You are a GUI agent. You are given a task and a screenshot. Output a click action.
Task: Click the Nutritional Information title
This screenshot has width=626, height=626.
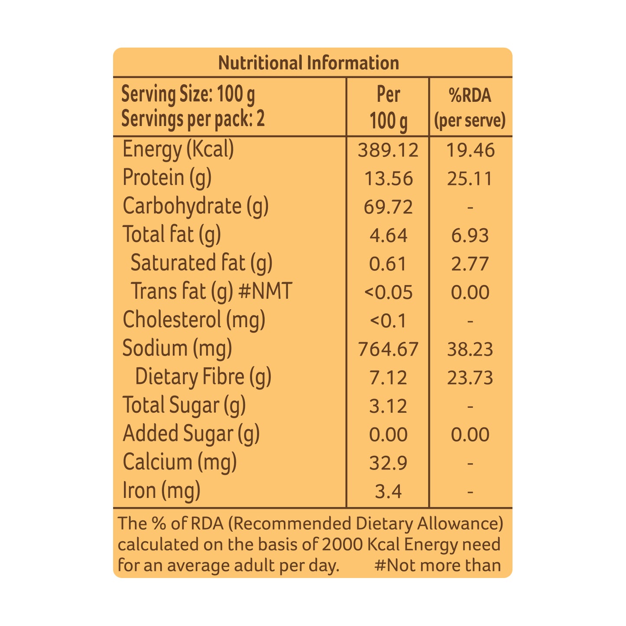pos(308,63)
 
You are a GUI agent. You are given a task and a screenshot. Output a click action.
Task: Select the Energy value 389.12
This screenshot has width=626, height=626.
pos(388,150)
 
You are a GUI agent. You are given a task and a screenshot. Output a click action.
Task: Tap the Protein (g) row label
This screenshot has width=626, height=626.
pos(167,178)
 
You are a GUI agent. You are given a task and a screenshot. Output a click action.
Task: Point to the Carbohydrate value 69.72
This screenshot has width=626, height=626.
pos(388,207)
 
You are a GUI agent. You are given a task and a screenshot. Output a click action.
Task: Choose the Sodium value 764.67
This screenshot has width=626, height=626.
pos(388,349)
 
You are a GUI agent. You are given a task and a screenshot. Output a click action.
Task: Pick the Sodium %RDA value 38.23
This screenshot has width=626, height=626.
pos(470,349)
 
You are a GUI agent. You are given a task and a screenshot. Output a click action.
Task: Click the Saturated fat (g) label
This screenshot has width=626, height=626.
pos(201,263)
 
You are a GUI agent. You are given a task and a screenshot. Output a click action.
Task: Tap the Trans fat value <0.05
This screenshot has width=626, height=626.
pos(388,292)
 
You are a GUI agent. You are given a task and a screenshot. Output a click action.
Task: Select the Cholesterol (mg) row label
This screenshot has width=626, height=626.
pos(194,320)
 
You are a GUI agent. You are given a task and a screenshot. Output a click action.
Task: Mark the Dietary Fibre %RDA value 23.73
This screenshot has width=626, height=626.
pos(470,378)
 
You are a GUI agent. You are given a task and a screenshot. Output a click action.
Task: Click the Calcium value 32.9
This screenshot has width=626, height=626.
pos(388,463)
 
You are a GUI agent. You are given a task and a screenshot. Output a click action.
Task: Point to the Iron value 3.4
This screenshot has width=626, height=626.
pos(388,492)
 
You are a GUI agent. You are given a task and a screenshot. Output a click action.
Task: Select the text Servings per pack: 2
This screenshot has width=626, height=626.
pos(193,119)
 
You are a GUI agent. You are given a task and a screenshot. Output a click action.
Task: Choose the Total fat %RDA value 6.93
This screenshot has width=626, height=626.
pos(470,236)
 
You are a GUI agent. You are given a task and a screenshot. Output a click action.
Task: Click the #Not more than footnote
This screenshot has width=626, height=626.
pos(437,566)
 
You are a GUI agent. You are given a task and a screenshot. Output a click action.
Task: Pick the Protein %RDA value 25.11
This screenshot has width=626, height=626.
pos(470,179)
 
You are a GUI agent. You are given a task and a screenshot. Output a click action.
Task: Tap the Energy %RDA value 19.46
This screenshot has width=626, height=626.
pos(470,150)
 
